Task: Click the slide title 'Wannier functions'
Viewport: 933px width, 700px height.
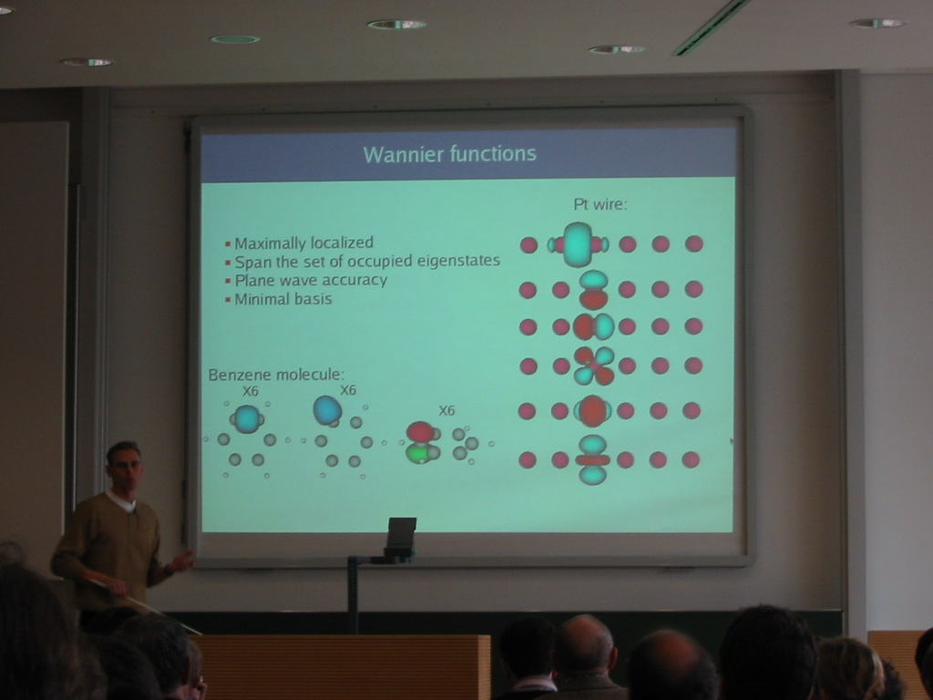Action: [450, 154]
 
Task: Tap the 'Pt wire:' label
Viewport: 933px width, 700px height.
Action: [600, 204]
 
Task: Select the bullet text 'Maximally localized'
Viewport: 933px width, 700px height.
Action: [304, 242]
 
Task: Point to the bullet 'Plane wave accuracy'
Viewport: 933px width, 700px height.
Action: [311, 280]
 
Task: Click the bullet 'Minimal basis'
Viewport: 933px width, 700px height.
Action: [283, 299]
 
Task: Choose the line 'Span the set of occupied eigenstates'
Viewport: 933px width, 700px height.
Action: [367, 262]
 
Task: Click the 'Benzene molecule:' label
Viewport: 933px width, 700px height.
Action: [276, 375]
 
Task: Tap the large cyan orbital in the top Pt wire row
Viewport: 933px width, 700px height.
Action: [577, 244]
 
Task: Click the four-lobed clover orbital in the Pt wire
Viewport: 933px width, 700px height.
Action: [593, 365]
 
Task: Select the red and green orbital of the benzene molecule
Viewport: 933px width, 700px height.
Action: [421, 442]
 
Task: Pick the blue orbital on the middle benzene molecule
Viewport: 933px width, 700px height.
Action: [327, 410]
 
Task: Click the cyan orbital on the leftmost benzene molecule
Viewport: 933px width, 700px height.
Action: [247, 418]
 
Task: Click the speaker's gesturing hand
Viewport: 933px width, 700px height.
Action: [183, 561]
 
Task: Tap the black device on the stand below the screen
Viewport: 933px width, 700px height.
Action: [401, 537]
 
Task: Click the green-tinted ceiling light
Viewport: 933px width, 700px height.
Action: [235, 39]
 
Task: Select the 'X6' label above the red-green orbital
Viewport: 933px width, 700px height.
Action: [446, 411]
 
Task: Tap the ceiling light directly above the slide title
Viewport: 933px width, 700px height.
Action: [397, 25]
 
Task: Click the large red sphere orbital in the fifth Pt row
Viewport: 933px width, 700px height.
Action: [592, 411]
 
